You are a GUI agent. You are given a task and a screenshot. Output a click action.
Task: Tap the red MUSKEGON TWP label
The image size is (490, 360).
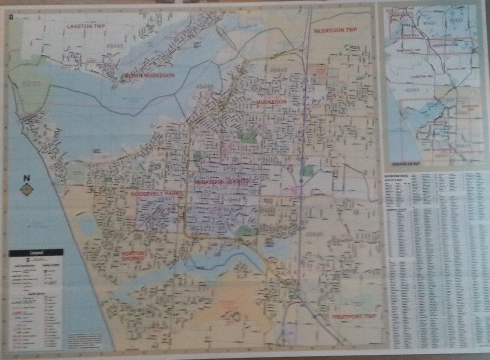pos(335,31)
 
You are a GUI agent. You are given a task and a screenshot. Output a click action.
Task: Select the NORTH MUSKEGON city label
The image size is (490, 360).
pos(149,75)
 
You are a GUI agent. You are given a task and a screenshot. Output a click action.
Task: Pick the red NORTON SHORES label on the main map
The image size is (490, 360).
pos(133,256)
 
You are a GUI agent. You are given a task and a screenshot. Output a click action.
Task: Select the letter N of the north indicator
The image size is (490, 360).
pos(26,178)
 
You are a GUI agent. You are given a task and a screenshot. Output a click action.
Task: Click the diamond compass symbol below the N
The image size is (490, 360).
pos(26,189)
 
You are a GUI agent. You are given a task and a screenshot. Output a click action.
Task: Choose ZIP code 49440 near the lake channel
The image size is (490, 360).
pos(206,86)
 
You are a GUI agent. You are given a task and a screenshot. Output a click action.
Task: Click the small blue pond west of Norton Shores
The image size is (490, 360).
pos(88,225)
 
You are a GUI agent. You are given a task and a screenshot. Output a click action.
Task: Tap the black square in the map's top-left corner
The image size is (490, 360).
pos(10,17)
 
